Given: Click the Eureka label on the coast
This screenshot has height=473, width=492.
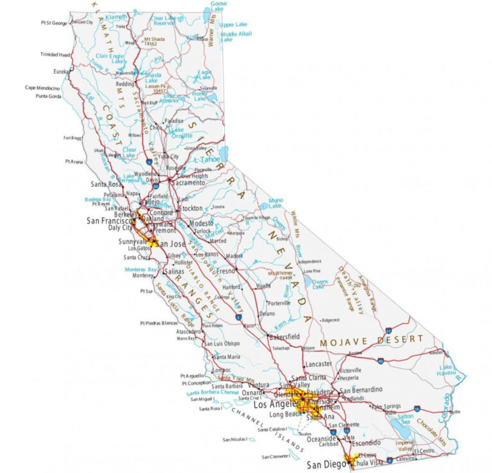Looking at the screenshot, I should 61,71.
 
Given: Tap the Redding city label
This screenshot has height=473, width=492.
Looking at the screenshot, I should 125,84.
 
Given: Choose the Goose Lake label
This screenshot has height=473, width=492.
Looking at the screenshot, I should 218,7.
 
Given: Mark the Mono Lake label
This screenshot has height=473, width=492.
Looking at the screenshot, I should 275,203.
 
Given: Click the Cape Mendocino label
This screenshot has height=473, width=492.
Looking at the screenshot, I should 43,88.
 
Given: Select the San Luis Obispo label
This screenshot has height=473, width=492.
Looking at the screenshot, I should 222,344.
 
